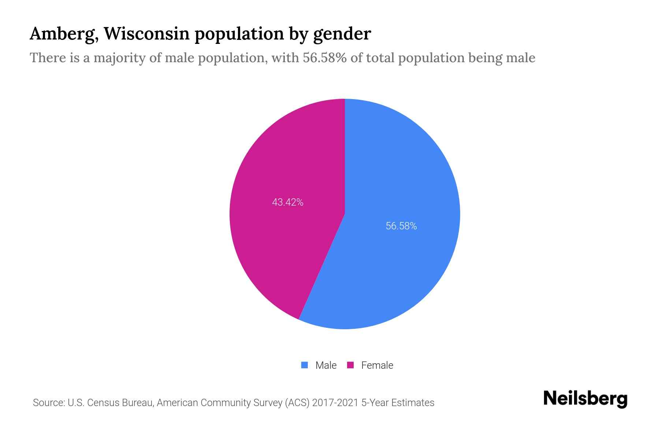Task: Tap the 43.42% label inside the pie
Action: pyautogui.click(x=288, y=202)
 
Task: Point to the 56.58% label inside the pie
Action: pyautogui.click(x=401, y=226)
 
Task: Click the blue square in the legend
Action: pyautogui.click(x=304, y=365)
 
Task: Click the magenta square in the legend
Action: pyautogui.click(x=350, y=365)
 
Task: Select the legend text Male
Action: pyautogui.click(x=326, y=365)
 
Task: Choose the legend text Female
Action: pyautogui.click(x=377, y=365)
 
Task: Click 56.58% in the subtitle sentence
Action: pyautogui.click(x=324, y=58)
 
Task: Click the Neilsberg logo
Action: pyautogui.click(x=585, y=399)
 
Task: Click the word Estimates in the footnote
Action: pyautogui.click(x=413, y=403)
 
